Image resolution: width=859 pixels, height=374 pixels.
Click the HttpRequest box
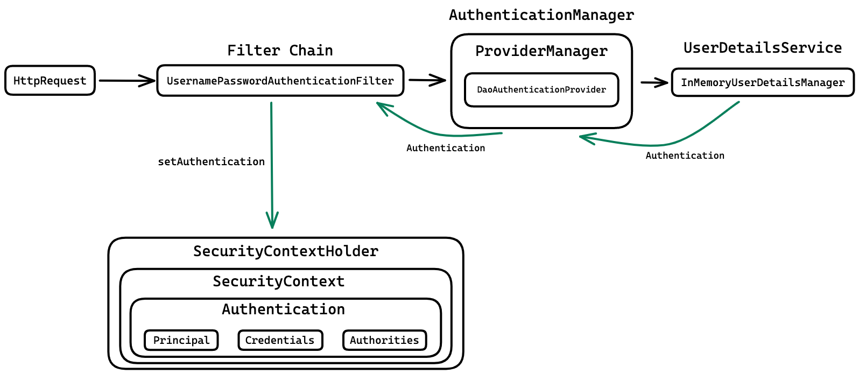tap(50, 81)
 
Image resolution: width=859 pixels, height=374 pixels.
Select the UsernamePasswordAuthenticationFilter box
tap(280, 81)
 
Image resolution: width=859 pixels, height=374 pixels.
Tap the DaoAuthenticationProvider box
tap(541, 90)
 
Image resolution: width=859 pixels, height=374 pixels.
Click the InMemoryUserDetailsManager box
tap(763, 82)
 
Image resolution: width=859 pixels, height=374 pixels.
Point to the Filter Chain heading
tap(280, 51)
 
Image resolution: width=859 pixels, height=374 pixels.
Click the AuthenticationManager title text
tap(541, 15)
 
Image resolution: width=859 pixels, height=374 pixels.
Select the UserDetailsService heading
tap(763, 48)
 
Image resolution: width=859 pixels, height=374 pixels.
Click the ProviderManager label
tap(541, 51)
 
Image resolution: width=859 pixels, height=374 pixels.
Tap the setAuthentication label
tap(211, 161)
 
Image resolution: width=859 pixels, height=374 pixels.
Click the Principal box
tap(181, 340)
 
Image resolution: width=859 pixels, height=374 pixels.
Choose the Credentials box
tap(280, 340)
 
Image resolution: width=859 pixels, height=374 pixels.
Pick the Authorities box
tap(384, 340)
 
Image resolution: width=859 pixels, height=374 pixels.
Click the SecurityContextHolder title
tap(286, 251)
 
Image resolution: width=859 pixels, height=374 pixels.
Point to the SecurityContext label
tap(278, 281)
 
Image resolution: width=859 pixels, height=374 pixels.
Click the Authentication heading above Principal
tap(284, 309)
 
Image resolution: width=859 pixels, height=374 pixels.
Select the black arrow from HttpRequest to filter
tap(126, 81)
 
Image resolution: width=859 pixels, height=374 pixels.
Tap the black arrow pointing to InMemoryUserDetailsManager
tap(654, 83)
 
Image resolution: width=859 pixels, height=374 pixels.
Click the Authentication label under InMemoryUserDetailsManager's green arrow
tap(685, 156)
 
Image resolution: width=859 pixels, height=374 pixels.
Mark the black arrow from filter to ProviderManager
tap(427, 81)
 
